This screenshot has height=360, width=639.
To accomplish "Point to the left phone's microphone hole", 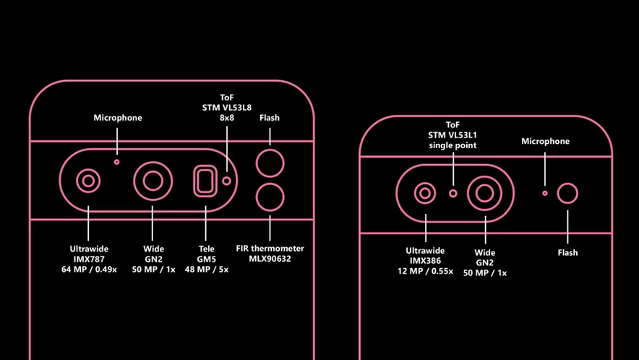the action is coord(117,162).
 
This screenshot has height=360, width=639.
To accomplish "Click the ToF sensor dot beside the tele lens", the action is coord(226,181).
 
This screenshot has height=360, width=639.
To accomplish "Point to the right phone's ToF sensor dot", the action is coord(453,193).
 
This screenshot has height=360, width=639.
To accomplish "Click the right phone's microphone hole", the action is coord(545,193).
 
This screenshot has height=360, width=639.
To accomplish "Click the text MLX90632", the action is coord(270,259).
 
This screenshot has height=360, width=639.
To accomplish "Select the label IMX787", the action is coord(89,259).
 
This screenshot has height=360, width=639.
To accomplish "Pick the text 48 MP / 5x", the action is coord(206,270).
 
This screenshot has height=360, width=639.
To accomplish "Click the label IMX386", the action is coord(425,260).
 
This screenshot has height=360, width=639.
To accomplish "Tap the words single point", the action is coord(453,145).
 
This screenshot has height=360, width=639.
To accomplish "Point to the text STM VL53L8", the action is coord(226,108).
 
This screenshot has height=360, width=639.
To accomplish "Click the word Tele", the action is coord(206,249).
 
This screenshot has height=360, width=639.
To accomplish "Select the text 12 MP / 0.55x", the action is coord(425,271).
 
